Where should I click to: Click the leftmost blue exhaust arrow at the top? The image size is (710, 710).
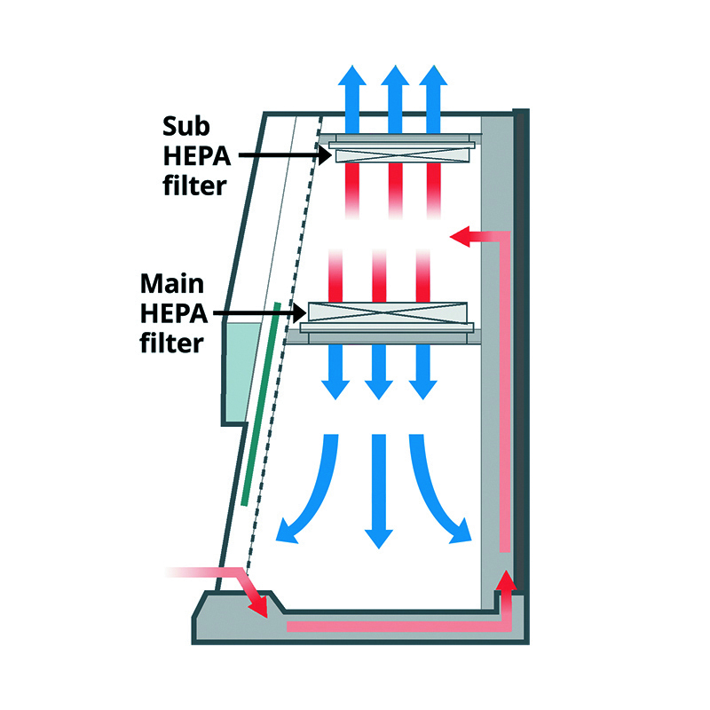point(356,98)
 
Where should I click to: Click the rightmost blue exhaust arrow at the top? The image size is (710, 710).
point(433,98)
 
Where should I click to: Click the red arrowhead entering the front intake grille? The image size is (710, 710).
point(258,606)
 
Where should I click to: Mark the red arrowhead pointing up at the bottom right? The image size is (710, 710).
point(505,584)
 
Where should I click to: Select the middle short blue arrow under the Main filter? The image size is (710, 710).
point(380,373)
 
